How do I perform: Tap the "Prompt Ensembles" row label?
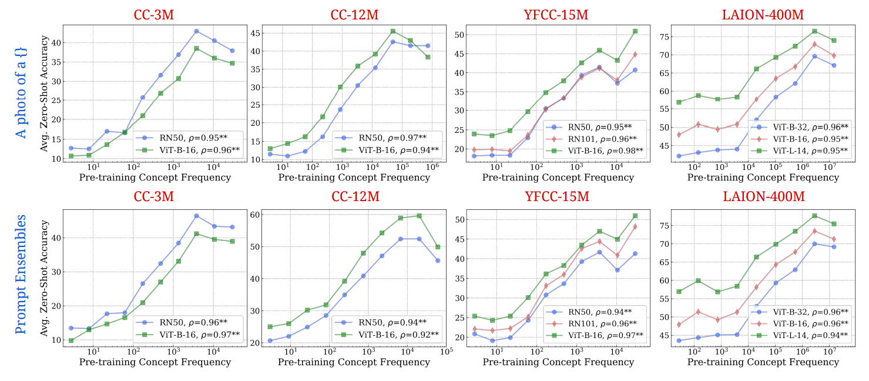21,274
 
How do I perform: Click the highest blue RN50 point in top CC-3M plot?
196,31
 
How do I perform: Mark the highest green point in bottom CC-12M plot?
419,216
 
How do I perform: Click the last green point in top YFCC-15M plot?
635,31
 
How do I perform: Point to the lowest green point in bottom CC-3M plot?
71,340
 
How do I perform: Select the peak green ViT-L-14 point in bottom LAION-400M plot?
814,216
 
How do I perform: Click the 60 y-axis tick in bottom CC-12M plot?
257,215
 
